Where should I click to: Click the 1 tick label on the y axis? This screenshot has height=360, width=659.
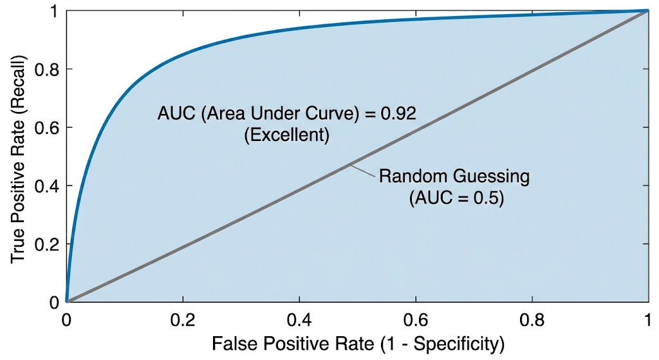[x=54, y=11]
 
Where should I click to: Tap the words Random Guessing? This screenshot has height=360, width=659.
[x=454, y=176]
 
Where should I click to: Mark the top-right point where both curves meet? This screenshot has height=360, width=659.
[x=647, y=10]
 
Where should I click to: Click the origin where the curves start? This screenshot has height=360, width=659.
[x=66, y=301]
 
